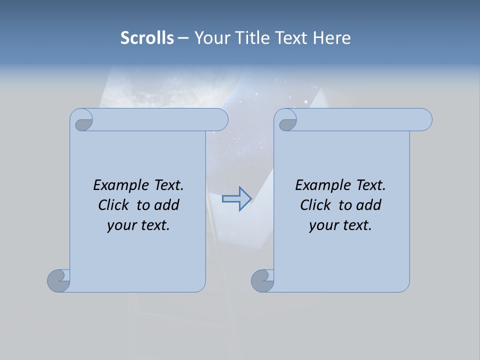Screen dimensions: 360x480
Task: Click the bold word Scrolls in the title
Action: (147, 38)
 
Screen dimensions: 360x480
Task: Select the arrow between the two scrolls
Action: (236, 199)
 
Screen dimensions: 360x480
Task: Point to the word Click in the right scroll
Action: (315, 205)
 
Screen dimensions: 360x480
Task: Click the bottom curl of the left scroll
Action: (59, 280)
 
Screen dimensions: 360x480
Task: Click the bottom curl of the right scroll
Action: (262, 280)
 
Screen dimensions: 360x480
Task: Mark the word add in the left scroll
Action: (167, 205)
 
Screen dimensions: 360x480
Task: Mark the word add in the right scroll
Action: (369, 205)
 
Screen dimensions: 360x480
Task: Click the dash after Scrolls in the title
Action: (182, 38)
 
